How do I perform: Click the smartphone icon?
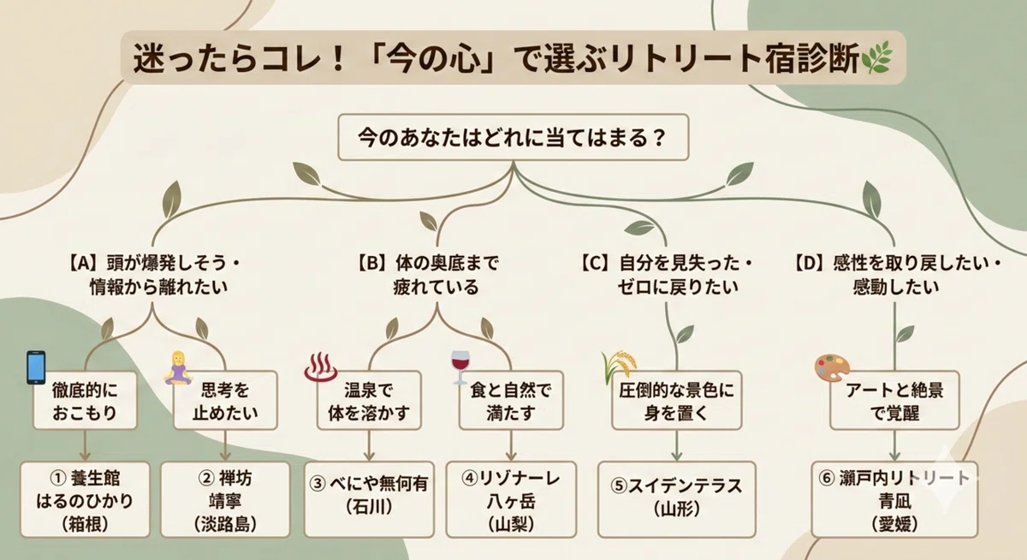36,367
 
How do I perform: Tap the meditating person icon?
178,368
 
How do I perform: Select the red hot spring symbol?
320,367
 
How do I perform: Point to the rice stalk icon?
619,367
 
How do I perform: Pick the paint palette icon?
832,367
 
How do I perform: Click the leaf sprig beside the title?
876,57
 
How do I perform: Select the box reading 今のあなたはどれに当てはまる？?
513,137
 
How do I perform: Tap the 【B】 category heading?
428,275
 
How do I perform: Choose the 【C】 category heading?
666,275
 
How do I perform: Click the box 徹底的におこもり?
86,401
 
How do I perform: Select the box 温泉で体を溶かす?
369,401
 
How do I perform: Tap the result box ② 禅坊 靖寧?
225,499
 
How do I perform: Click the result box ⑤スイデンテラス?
677,499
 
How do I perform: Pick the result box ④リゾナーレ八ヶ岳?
511,499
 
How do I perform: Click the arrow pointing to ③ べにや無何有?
369,445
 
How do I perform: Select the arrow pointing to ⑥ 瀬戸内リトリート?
895,445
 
